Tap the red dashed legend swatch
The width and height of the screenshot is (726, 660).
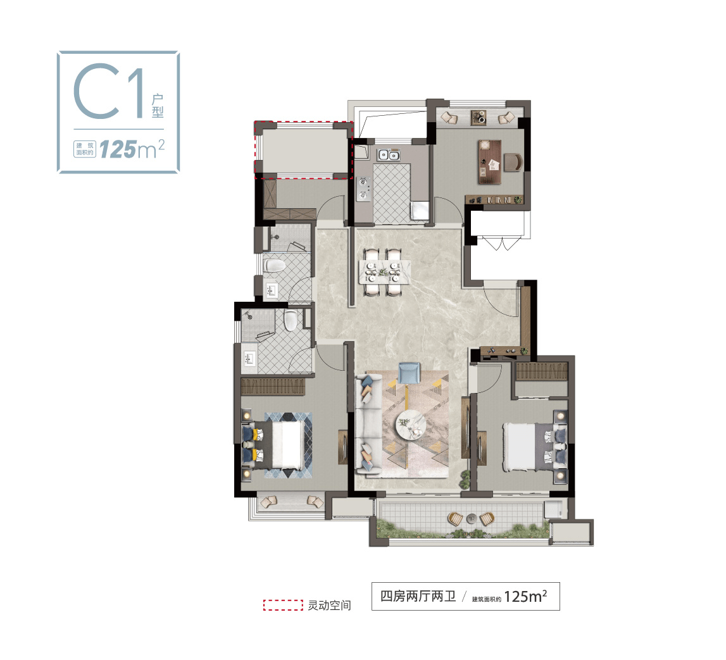point(284,605)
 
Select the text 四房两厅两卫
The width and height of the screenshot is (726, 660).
point(418,596)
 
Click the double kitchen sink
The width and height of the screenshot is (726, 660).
point(388,155)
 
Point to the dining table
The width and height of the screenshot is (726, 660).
point(384,271)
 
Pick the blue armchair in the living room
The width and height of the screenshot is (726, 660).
point(410,373)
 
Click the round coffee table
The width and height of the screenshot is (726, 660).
point(410,425)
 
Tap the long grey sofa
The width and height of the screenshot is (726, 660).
point(368,425)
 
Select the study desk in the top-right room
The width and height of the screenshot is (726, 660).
point(490,161)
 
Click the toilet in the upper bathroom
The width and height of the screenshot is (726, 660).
point(274,266)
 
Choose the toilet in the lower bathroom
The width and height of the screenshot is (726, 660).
point(291,320)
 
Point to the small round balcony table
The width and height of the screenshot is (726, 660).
point(471,518)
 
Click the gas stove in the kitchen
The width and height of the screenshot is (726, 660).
point(363,189)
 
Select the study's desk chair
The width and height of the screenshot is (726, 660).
point(513,162)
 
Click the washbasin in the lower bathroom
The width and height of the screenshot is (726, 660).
point(249,358)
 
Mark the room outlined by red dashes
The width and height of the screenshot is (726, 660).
point(304,150)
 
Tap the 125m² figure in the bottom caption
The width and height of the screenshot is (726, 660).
point(525,596)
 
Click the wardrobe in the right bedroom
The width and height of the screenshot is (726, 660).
point(541,371)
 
